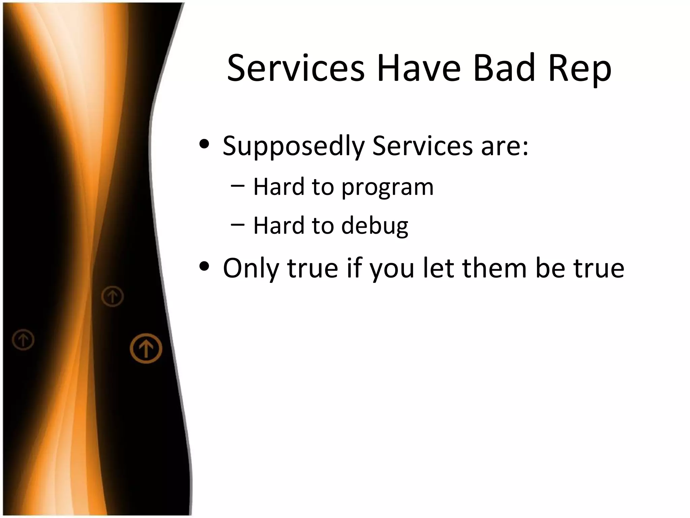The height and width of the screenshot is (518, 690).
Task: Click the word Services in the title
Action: click(x=296, y=68)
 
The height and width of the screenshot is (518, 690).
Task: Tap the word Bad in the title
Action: click(x=504, y=68)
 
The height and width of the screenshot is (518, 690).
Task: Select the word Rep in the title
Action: click(x=580, y=71)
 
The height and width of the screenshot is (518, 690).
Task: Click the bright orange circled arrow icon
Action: click(x=146, y=348)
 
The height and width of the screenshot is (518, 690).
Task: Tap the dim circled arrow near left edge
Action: click(x=23, y=340)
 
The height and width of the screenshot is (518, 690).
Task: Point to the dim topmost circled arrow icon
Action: click(x=113, y=296)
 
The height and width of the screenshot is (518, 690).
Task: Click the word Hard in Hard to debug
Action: click(x=279, y=225)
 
